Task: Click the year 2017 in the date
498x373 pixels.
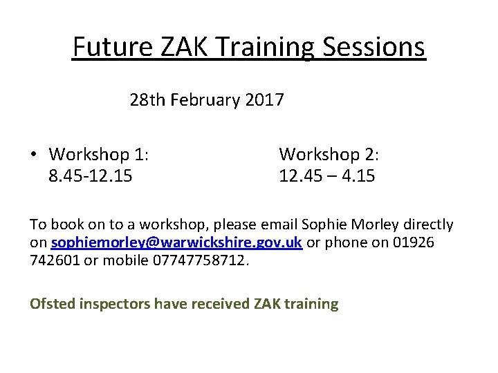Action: [x=265, y=100]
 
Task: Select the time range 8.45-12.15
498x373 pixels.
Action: [x=91, y=176]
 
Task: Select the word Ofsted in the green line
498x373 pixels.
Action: [x=53, y=303]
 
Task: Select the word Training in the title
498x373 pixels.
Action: [x=260, y=47]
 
